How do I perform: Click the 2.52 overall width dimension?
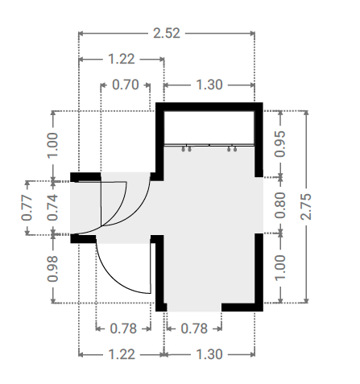pos(167,33)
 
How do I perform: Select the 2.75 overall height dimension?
pos(306,207)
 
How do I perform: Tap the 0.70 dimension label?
pos(126,85)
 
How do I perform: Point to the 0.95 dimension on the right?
pos(279,143)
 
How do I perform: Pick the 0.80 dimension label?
pos(279,205)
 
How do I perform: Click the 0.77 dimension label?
pos(27,208)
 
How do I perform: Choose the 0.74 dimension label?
pos(52,208)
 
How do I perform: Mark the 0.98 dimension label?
pos(52,269)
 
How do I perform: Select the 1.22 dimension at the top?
pos(122,59)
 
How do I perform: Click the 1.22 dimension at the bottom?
pos(122,354)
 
